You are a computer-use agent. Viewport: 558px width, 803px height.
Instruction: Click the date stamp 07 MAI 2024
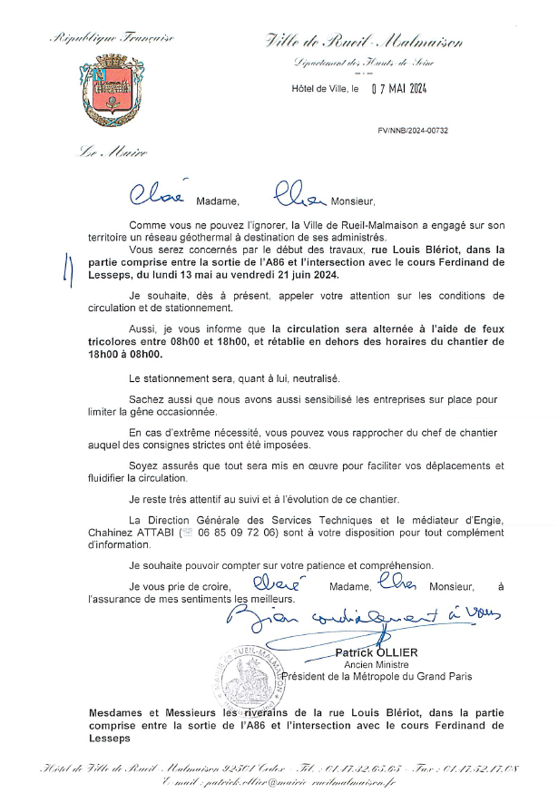click(x=398, y=89)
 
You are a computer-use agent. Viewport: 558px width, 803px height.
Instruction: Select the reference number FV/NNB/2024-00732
click(x=413, y=131)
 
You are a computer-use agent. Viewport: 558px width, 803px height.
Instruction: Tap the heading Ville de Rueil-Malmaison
click(x=365, y=41)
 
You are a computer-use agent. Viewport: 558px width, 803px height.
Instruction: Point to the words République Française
click(x=113, y=38)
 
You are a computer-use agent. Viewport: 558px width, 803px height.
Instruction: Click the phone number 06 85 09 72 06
click(x=237, y=532)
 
